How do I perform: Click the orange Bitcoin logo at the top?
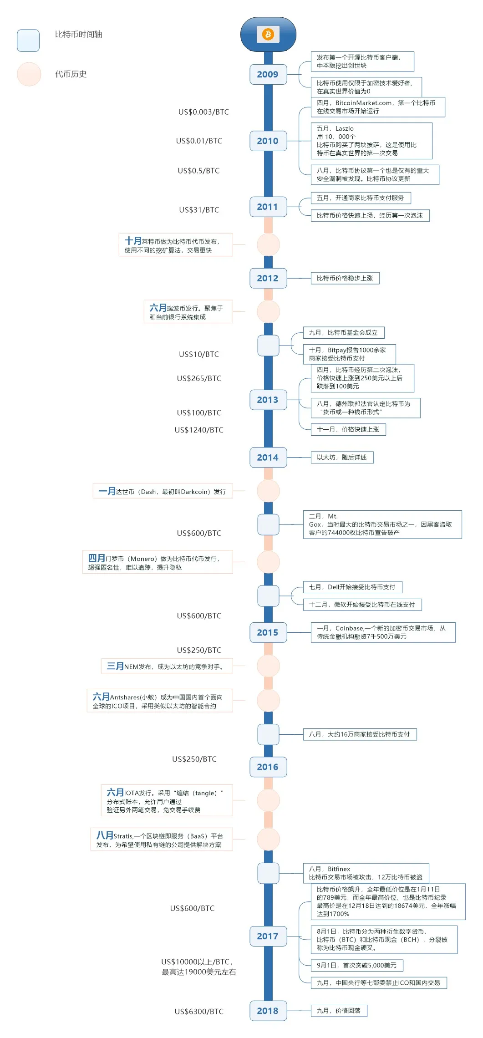click(x=268, y=34)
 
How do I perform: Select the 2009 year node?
click(x=268, y=75)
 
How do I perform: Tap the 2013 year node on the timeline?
click(x=268, y=400)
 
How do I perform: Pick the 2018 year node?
click(x=268, y=1011)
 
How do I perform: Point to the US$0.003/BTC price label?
click(x=203, y=112)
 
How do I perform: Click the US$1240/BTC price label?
click(x=199, y=430)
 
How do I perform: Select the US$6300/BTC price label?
click(x=199, y=1011)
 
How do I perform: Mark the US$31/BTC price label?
click(x=199, y=210)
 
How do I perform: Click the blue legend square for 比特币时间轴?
click(x=28, y=41)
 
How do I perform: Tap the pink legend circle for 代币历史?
click(x=29, y=74)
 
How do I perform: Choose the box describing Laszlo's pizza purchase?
click(x=371, y=141)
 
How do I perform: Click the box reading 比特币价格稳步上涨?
click(x=345, y=278)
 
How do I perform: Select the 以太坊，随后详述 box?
click(x=342, y=457)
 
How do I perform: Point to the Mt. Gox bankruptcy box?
click(x=382, y=524)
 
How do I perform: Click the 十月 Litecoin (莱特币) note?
click(x=176, y=245)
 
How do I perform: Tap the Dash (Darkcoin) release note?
click(x=163, y=491)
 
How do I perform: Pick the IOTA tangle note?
click(x=167, y=800)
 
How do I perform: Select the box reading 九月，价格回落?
click(x=339, y=1011)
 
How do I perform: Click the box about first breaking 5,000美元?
click(x=356, y=965)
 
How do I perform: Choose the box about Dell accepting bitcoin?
click(x=352, y=587)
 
